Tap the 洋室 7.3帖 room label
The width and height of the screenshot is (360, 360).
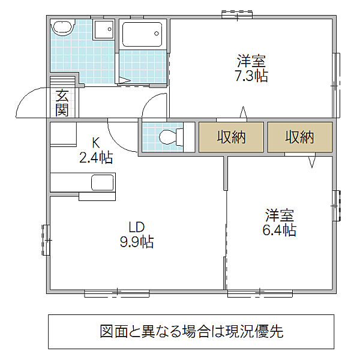tap(251, 68)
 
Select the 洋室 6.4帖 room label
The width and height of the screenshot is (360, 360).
tap(280, 223)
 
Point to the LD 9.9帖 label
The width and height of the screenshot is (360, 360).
tap(137, 235)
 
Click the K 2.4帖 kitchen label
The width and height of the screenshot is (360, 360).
tap(96, 150)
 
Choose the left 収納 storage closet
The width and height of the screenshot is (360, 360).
tap(231, 137)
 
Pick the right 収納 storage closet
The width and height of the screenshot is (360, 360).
tap(300, 137)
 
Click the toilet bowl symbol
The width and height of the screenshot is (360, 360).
tap(171, 137)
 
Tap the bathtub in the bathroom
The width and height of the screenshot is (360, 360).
tap(142, 34)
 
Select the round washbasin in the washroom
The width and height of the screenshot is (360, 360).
tap(62, 28)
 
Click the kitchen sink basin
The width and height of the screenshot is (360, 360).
tap(103, 182)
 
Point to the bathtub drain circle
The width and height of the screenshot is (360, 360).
tap(157, 34)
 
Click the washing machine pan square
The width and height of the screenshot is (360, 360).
tap(104, 29)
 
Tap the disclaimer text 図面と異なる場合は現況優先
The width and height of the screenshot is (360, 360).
tap(191, 331)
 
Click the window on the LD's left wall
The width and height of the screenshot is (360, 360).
tap(46, 240)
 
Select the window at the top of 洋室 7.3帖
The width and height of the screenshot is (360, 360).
tap(237, 14)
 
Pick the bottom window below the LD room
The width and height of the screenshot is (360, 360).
tap(117, 293)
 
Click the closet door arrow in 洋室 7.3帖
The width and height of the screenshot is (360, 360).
tap(244, 113)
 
